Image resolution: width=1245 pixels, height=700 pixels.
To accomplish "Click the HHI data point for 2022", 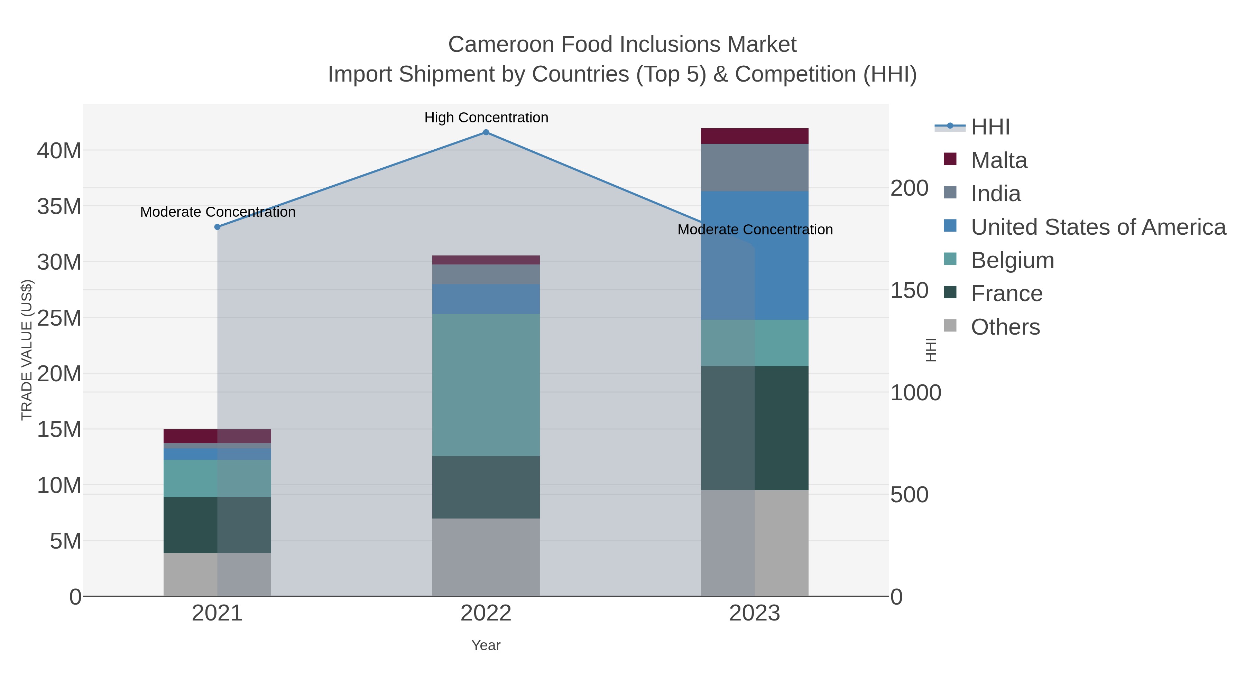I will coord(486,132).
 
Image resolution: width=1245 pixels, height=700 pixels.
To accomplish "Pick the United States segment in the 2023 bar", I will coord(755,255).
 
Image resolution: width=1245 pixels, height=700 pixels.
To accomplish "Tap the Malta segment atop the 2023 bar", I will coord(755,136).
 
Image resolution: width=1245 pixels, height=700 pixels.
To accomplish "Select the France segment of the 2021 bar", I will coord(218,525).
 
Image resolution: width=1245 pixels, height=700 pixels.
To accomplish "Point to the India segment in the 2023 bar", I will coord(755,167).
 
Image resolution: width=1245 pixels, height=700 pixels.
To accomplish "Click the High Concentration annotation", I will coord(486,118).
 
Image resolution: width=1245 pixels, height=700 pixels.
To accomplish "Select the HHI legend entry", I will coord(990,127).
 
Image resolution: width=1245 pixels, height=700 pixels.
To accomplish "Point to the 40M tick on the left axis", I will coord(59,151).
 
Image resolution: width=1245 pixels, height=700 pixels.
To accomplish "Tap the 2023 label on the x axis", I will coord(755,614).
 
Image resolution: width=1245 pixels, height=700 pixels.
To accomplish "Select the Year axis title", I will coord(486,645).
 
